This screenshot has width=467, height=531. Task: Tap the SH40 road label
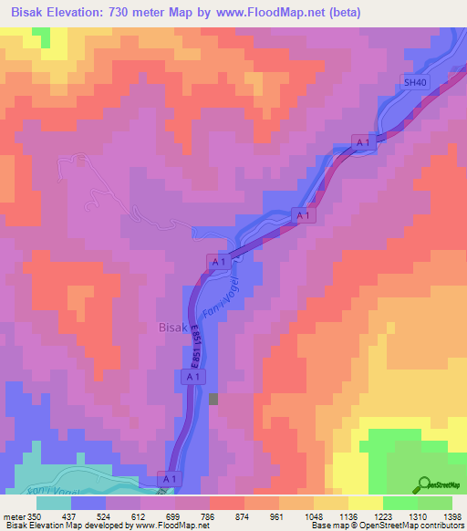click(x=415, y=82)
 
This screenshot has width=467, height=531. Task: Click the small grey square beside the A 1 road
click(x=214, y=399)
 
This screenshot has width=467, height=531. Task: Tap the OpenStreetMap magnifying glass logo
click(x=424, y=484)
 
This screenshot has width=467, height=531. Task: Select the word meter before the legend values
click(x=16, y=515)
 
